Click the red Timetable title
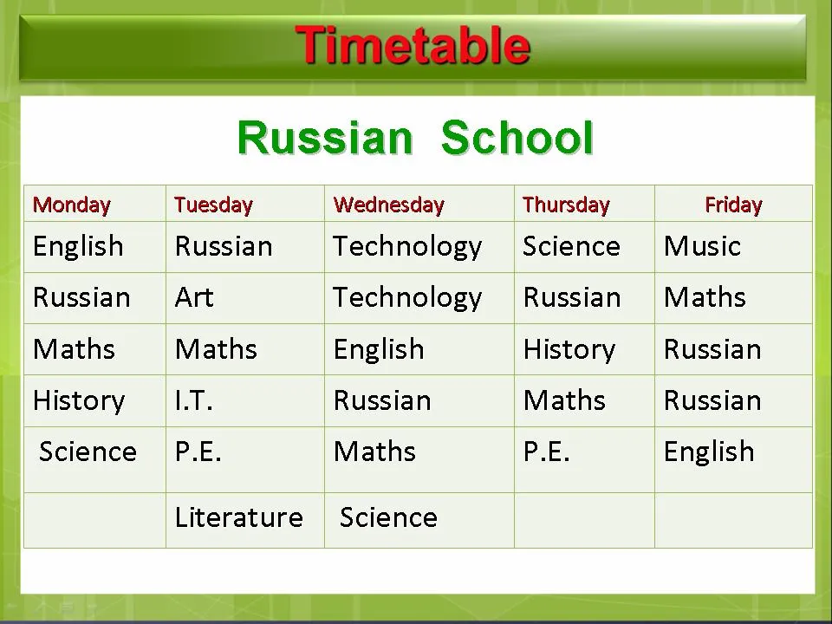(413, 46)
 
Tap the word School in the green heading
(517, 138)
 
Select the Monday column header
(72, 205)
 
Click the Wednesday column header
(388, 205)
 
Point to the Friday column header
(733, 205)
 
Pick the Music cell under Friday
(702, 246)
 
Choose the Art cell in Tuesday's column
(193, 297)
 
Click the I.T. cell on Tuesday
(193, 400)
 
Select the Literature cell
(239, 517)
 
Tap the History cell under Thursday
(569, 350)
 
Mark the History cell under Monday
(79, 401)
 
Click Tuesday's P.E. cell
(198, 452)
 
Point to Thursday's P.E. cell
(546, 452)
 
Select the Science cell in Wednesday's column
(388, 517)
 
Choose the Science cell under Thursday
(571, 246)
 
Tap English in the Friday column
(709, 452)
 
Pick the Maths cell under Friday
(705, 297)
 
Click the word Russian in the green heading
(325, 138)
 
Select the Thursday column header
(566, 205)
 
